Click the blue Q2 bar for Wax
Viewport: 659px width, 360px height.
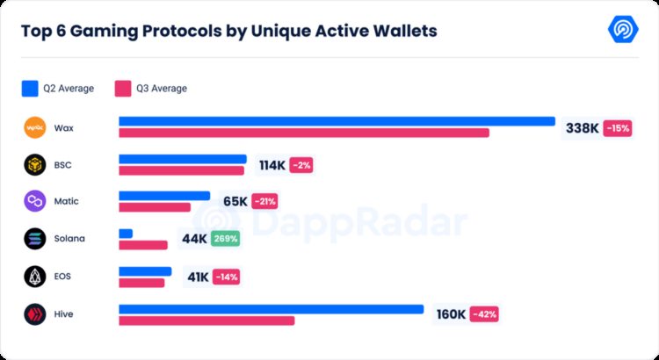(337, 121)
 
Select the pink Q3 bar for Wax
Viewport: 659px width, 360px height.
(303, 133)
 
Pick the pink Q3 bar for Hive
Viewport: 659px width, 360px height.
(206, 320)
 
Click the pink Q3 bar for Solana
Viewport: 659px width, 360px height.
(142, 245)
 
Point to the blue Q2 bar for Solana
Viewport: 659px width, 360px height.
(126, 234)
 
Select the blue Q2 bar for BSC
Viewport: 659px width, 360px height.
(182, 159)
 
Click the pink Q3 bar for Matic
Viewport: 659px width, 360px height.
(155, 207)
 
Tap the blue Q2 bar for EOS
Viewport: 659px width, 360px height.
(145, 271)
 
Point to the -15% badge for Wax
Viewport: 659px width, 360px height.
(617, 128)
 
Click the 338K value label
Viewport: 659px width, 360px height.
(582, 128)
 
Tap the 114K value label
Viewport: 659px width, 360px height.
(272, 165)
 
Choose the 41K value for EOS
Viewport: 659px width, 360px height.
(198, 277)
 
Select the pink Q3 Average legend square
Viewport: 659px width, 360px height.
(123, 88)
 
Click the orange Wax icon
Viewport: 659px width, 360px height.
(34, 127)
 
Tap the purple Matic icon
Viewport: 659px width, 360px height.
(34, 201)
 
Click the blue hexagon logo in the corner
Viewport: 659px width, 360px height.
(623, 29)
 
